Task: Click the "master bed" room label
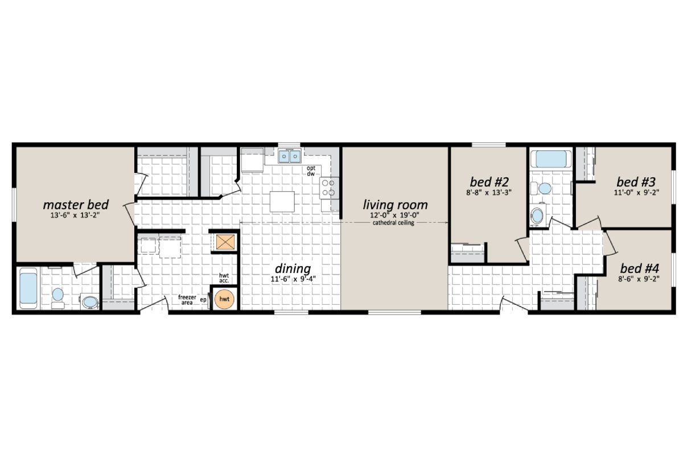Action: click(x=76, y=204)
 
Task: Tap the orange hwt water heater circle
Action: click(x=225, y=299)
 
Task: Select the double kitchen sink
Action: click(x=290, y=155)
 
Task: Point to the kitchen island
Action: click(x=282, y=201)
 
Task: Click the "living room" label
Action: click(x=395, y=204)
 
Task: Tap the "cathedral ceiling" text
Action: click(x=394, y=223)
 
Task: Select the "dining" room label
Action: click(x=293, y=268)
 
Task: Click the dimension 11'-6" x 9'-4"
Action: click(x=293, y=279)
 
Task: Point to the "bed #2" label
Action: click(x=488, y=182)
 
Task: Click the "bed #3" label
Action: click(x=636, y=182)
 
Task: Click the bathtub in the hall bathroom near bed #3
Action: click(x=552, y=159)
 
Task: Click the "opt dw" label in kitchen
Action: click(x=311, y=171)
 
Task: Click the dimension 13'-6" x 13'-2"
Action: click(x=76, y=216)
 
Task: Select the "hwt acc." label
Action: click(x=224, y=278)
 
